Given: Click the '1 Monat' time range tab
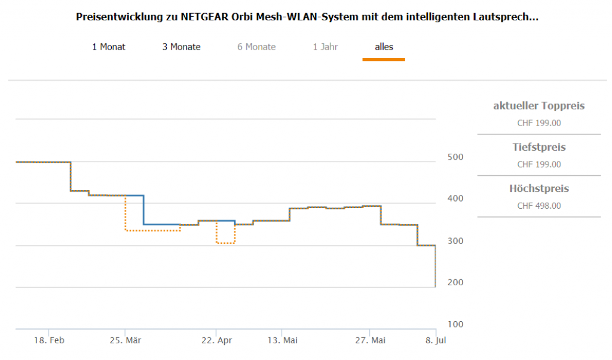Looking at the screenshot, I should pos(109,47).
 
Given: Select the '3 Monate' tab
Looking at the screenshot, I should pos(181,47).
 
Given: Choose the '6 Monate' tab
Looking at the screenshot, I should pos(256,47).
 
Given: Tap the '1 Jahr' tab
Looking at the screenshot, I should pos(325,47).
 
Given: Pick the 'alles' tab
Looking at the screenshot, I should pos(384,47).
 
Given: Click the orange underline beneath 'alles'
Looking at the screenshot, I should pos(384,59).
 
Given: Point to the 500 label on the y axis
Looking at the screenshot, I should pos(455,157).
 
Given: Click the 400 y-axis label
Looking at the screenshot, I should pos(455,199).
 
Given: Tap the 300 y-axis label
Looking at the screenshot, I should pos(455,240).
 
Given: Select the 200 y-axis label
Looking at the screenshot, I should pos(455,282).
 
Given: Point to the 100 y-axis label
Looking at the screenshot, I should pos(455,324).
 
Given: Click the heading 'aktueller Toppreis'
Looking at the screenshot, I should pos(538,106).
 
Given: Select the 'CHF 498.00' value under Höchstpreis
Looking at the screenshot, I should pos(538,206).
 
